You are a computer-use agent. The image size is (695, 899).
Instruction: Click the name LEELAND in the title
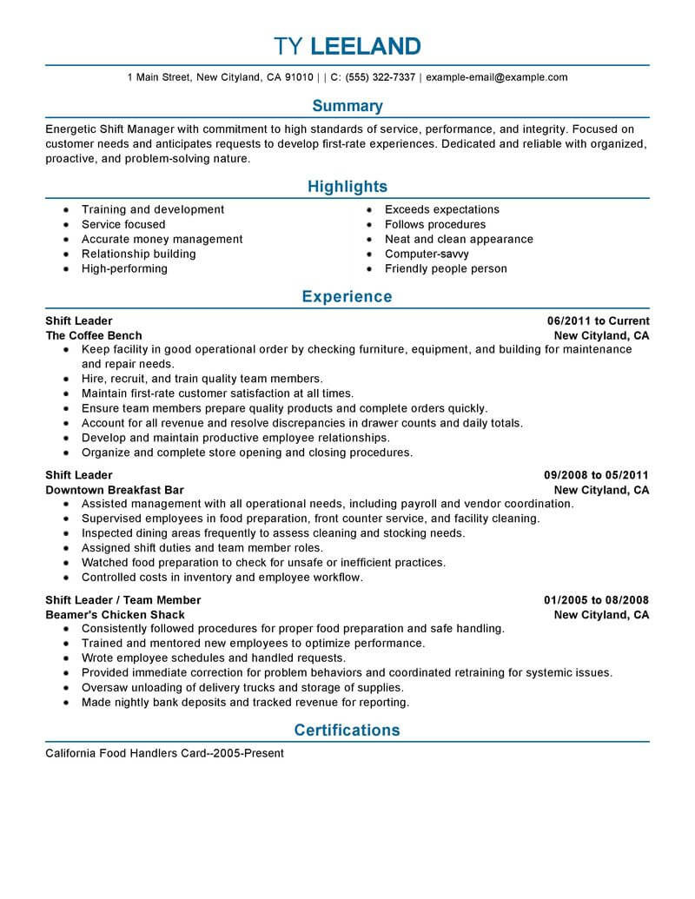[x=366, y=45]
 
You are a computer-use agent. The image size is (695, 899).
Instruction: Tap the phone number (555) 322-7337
[x=379, y=77]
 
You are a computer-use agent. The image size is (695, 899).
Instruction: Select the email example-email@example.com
[x=497, y=77]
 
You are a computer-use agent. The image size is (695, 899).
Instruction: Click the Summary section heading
[x=347, y=106]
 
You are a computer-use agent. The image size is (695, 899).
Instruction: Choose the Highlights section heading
[x=347, y=187]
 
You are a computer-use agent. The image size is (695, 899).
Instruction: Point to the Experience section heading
[x=347, y=297]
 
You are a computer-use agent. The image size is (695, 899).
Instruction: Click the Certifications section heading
[x=347, y=730]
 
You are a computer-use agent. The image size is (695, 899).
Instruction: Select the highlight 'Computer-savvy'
[x=427, y=254]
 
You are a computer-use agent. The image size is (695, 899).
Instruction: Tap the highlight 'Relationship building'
[x=138, y=254]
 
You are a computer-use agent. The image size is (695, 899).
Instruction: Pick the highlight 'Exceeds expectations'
[x=441, y=210]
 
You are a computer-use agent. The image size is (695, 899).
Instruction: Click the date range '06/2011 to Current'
[x=597, y=321]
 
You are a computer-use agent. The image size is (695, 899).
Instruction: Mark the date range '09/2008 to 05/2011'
[x=597, y=476]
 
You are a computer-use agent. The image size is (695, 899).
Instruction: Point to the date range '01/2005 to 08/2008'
[x=597, y=600]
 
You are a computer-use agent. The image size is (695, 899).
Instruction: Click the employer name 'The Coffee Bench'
[x=94, y=336]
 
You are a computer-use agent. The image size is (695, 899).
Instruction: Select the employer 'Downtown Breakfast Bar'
[x=115, y=491]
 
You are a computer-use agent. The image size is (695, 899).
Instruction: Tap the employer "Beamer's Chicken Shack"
[x=115, y=615]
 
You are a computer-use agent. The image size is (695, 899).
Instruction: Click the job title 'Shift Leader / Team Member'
[x=122, y=600]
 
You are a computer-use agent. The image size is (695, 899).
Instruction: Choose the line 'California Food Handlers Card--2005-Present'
[x=164, y=754]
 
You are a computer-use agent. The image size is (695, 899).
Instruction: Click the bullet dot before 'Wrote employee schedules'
[x=66, y=659]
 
